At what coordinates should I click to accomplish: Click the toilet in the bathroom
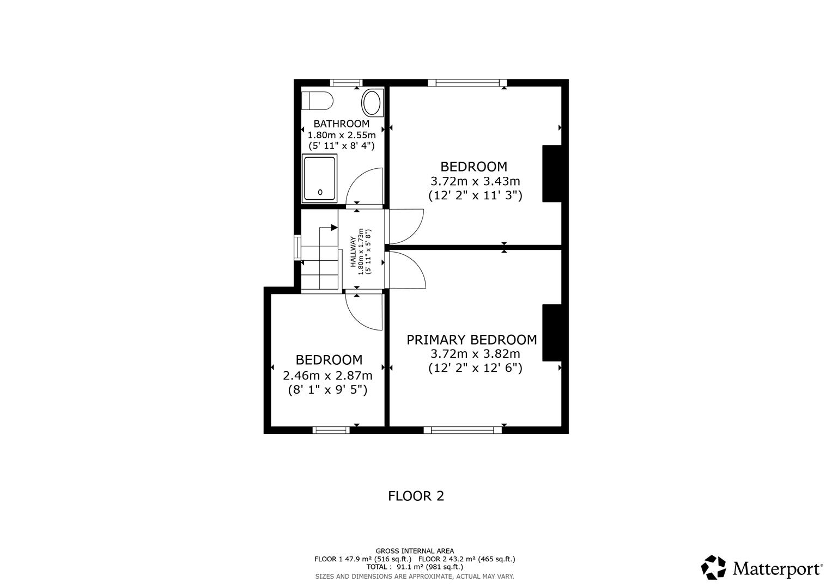coord(318,100)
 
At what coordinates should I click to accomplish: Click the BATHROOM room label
coord(341,124)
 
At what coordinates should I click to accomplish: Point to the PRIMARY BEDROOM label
coord(472,340)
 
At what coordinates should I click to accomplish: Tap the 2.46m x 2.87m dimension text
coord(327,375)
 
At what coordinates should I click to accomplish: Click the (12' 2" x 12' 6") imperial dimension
coord(475,368)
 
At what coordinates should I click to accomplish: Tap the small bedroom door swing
coord(363,313)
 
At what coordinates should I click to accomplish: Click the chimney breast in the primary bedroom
coord(551,332)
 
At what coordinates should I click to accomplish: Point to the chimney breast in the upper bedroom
coord(551,173)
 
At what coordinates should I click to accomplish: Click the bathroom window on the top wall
coord(346,83)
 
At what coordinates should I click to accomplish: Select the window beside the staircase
coord(297,248)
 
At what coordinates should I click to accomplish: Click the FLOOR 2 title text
coord(416,496)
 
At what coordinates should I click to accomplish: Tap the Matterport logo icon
coord(713,567)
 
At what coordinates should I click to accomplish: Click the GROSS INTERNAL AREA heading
coord(415,551)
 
